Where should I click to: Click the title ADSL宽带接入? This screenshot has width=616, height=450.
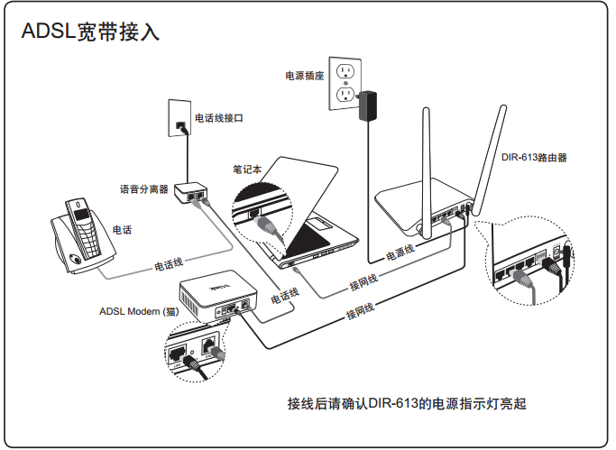coord(90,33)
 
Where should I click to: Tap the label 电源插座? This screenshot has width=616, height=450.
coord(304,76)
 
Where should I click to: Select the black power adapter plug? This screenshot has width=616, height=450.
coord(368,106)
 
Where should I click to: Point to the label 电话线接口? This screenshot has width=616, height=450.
coord(220,118)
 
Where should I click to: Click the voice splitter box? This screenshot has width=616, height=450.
coord(191,192)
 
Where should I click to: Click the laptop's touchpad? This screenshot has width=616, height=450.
coord(322,219)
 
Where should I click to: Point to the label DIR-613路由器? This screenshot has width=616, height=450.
coord(534,157)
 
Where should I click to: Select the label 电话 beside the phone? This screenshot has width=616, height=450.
coord(122,231)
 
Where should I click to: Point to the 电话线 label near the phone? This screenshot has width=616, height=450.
coord(169,264)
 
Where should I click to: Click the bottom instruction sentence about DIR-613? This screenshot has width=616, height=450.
coord(406,403)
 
